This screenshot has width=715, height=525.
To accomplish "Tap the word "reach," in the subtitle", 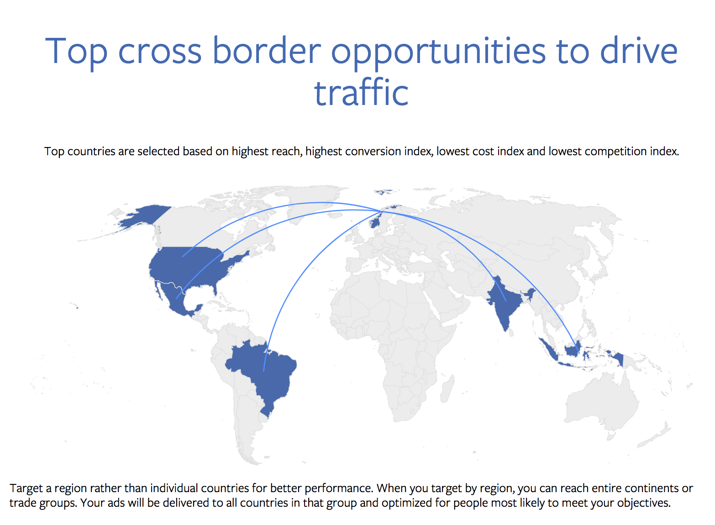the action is pyautogui.click(x=286, y=152).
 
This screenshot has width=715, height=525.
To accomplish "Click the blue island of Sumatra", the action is pyautogui.click(x=548, y=350).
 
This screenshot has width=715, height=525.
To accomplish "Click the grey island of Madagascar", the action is pyautogui.click(x=447, y=389).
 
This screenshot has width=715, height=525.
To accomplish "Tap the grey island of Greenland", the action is pyautogui.click(x=315, y=201).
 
